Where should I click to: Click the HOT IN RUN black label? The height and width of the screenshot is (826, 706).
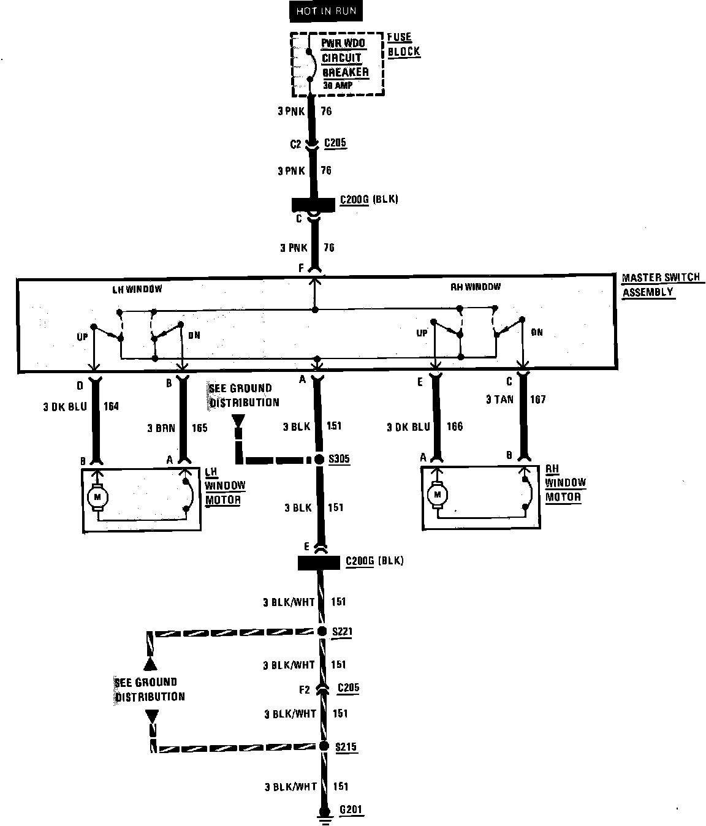click(325, 11)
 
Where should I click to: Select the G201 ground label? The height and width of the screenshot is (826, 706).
click(351, 810)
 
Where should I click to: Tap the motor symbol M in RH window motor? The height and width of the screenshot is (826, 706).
click(438, 493)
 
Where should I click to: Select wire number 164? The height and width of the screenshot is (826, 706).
click(111, 406)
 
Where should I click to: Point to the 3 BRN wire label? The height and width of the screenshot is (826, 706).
click(161, 428)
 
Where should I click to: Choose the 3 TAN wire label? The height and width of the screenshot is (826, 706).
click(499, 400)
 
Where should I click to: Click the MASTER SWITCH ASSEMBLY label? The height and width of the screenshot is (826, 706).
click(660, 285)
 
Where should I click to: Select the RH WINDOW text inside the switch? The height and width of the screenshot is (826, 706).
click(476, 286)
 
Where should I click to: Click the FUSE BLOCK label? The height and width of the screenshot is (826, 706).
click(404, 45)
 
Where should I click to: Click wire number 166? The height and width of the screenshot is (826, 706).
click(455, 427)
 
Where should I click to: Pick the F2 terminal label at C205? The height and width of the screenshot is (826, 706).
click(305, 689)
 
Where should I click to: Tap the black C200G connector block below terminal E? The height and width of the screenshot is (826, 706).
click(318, 563)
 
